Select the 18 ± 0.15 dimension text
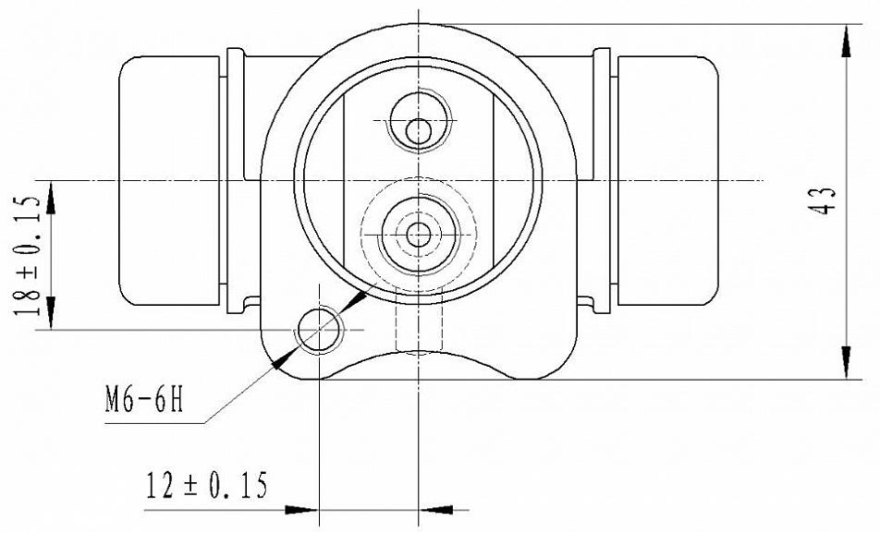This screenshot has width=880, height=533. tap(29, 255)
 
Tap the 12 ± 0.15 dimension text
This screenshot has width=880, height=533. tap(206, 485)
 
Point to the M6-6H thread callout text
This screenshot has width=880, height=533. tap(144, 399)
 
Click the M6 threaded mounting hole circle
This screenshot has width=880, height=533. tap(320, 329)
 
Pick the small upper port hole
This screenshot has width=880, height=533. tap(418, 132)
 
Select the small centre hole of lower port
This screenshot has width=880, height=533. tap(418, 235)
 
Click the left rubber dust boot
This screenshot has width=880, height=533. tap(169, 181)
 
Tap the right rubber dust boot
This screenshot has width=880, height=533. tap(667, 181)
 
